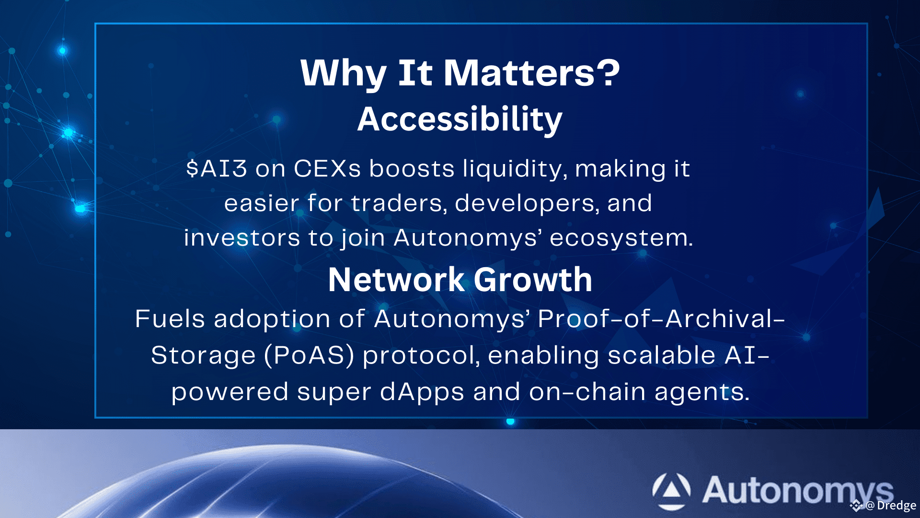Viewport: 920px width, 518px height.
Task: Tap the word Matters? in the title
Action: tap(532, 73)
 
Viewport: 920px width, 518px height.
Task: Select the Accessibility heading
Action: tap(460, 119)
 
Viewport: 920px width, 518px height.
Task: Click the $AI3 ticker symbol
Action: tap(217, 168)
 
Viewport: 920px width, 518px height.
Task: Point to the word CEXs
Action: tap(327, 168)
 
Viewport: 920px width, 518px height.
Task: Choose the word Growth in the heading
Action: tap(533, 280)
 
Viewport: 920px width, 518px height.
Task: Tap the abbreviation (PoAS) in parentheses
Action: tap(309, 355)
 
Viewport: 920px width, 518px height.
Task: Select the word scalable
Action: tap(662, 355)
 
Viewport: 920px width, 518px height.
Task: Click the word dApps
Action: tap(422, 392)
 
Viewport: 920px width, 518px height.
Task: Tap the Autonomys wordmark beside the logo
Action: tap(798, 491)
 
